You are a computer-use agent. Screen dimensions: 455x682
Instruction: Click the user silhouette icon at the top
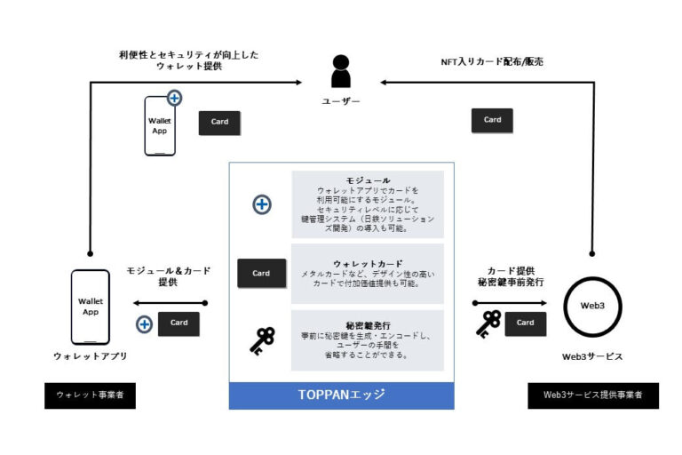[340, 71]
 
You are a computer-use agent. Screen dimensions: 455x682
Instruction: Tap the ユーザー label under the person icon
[341, 101]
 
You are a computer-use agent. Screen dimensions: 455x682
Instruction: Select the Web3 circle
[592, 306]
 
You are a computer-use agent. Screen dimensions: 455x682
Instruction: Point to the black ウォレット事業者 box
[90, 395]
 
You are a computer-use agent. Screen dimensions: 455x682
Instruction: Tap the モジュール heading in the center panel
[367, 180]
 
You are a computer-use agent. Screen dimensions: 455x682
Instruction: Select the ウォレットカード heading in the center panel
[367, 264]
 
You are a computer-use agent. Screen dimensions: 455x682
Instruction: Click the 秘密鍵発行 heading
[367, 325]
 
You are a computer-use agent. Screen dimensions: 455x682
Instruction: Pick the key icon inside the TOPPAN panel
[261, 339]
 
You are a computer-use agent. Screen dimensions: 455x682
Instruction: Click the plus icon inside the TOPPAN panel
[262, 204]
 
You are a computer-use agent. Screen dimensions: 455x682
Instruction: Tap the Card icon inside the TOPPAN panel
[261, 273]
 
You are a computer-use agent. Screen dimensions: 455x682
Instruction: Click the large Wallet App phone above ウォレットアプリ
[91, 307]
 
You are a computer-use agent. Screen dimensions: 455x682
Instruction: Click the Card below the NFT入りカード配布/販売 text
[492, 120]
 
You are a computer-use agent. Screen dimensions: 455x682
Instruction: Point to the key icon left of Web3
[488, 323]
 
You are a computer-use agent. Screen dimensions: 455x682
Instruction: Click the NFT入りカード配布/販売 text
[492, 62]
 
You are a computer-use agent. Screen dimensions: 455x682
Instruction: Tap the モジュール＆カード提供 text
[167, 275]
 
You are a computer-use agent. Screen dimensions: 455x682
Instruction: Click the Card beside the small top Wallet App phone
[219, 123]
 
